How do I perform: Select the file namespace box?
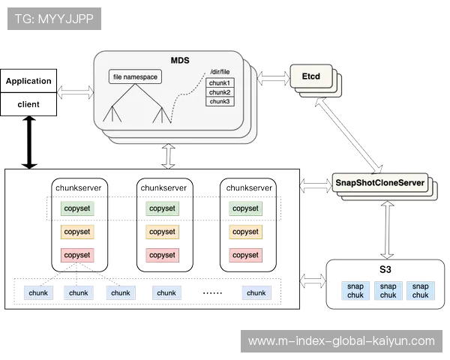[136, 76]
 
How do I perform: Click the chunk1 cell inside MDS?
[220, 82]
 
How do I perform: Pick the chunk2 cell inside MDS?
[220, 92]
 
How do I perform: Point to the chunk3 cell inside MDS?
[220, 101]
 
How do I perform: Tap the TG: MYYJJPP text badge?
[54, 17]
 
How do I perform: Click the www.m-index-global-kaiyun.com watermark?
[341, 341]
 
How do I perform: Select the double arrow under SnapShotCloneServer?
[387, 229]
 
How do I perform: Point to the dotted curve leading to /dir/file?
[184, 97]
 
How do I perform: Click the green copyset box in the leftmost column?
[77, 208]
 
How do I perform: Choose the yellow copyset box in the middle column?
[162, 232]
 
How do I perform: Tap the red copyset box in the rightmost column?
[245, 255]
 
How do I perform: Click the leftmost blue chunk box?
[36, 292]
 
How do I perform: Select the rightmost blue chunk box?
[256, 292]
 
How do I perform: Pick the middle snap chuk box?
[388, 291]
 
